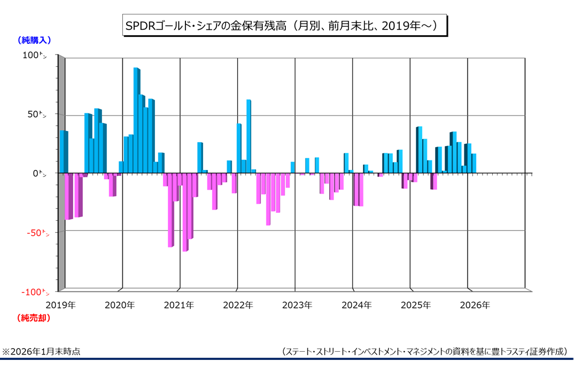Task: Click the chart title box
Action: click(x=284, y=25)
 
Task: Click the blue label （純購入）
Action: click(x=34, y=40)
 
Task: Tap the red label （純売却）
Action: click(x=34, y=318)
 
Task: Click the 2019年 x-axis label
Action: click(x=60, y=305)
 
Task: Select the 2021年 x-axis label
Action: click(x=179, y=305)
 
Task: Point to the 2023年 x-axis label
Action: click(x=297, y=305)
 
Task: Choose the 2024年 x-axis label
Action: click(x=356, y=305)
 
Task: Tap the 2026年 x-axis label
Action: click(x=475, y=305)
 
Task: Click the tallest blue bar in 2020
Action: click(x=136, y=120)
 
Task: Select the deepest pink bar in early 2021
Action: click(x=185, y=212)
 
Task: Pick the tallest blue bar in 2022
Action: click(x=249, y=136)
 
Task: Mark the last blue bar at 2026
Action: click(x=474, y=164)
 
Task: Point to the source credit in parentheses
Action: click(x=424, y=351)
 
